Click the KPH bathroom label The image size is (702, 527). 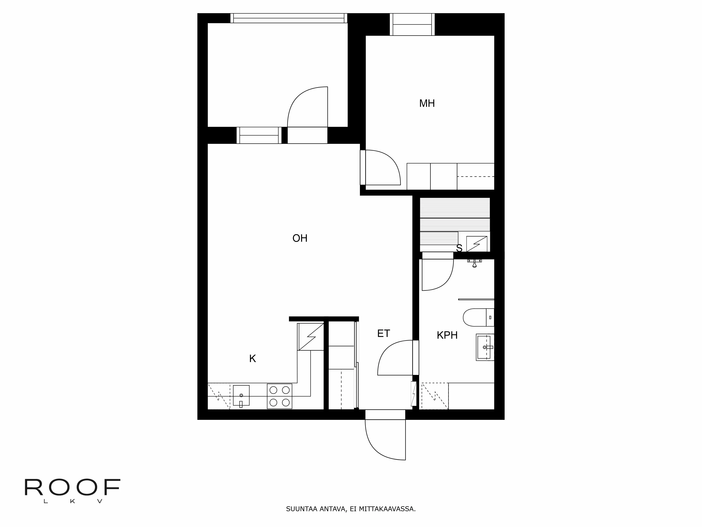[447, 335]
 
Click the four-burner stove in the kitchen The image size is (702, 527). [279, 396]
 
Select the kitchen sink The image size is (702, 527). [241, 395]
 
